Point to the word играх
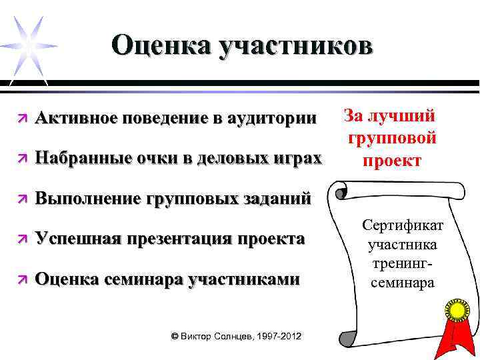point(294,158)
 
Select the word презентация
point(173,238)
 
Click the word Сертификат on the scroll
point(400,225)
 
